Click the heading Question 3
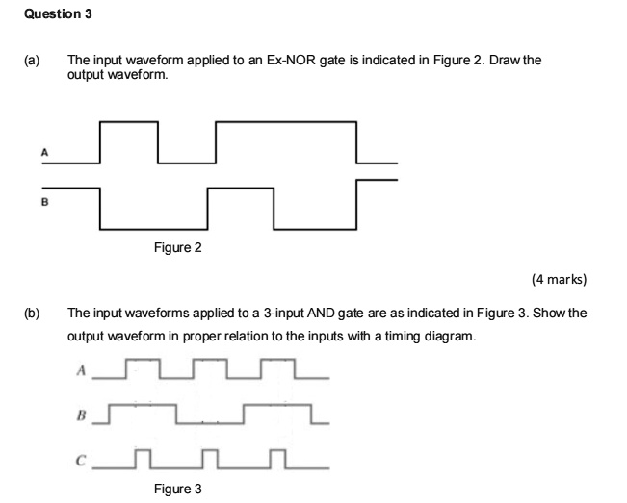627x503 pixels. pyautogui.click(x=58, y=14)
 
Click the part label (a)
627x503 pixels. pyautogui.click(x=32, y=61)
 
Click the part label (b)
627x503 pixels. pyautogui.click(x=32, y=313)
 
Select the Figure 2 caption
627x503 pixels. pyautogui.click(x=178, y=247)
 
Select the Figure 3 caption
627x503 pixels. pyautogui.click(x=178, y=489)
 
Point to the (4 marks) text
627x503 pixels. pyautogui.click(x=559, y=279)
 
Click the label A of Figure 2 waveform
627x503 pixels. pyautogui.click(x=44, y=152)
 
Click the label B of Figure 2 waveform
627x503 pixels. pyautogui.click(x=44, y=202)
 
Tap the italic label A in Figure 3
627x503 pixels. pyautogui.click(x=81, y=370)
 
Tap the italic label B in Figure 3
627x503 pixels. pyautogui.click(x=81, y=415)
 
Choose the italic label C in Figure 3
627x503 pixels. pyautogui.click(x=81, y=461)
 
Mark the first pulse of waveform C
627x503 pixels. pyautogui.click(x=143, y=450)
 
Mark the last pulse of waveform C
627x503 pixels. pyautogui.click(x=277, y=450)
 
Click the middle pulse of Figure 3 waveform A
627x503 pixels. pyautogui.click(x=210, y=360)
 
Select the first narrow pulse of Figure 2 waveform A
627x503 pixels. pyautogui.click(x=129, y=122)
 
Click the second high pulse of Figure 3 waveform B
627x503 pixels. pyautogui.click(x=277, y=405)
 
